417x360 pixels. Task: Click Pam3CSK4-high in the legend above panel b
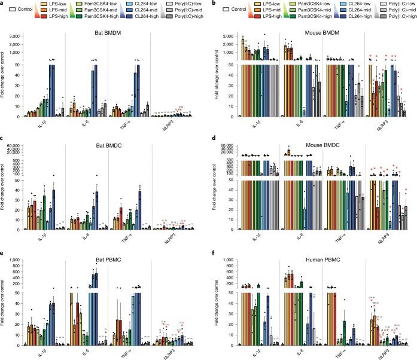click(x=288, y=18)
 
